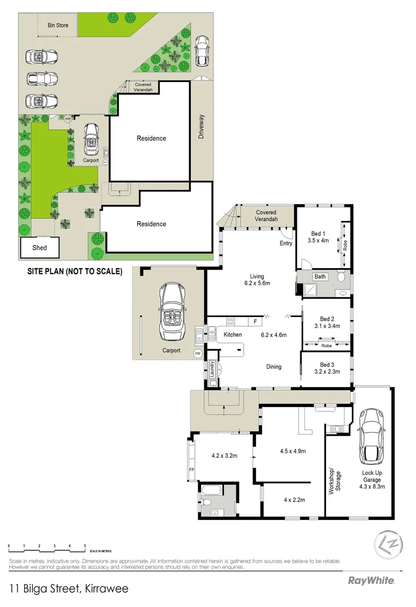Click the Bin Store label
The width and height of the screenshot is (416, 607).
click(57, 25)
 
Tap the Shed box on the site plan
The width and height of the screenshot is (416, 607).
click(39, 247)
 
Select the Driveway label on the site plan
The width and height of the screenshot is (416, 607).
click(202, 128)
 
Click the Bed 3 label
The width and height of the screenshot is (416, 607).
click(326, 364)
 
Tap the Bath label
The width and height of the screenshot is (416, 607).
click(320, 277)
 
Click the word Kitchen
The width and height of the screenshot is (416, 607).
click(232, 335)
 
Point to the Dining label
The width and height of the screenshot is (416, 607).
click(273, 367)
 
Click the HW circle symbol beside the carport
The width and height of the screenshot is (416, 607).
click(198, 354)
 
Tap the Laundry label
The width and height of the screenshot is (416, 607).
click(213, 370)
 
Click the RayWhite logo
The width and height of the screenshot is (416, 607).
click(371, 580)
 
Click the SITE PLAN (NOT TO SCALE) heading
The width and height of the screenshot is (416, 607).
click(75, 271)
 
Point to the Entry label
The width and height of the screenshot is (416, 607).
click(286, 243)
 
